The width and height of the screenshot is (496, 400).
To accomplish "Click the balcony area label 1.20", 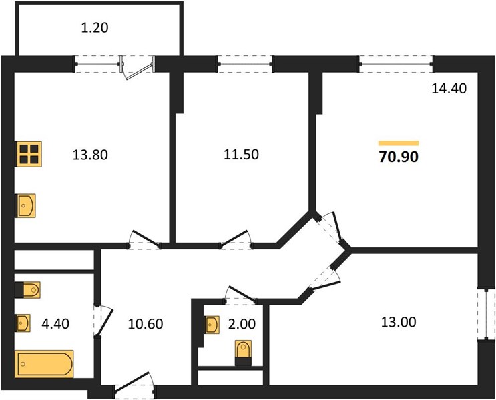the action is (95, 28).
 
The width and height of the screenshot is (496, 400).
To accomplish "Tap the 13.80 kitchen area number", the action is (90, 155).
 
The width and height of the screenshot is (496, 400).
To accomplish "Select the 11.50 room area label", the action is (241, 155).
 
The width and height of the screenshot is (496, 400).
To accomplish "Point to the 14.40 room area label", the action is (449, 89).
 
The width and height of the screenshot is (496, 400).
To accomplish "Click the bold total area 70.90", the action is (399, 157).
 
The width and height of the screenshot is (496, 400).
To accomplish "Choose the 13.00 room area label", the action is (399, 322).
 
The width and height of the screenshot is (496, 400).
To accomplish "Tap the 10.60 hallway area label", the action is (145, 324).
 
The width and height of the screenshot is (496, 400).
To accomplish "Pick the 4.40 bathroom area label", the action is (55, 324).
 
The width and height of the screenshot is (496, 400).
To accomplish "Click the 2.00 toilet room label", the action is (242, 324).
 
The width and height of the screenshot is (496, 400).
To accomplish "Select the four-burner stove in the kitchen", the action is (29, 154).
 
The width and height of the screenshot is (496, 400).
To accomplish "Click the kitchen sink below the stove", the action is (25, 206).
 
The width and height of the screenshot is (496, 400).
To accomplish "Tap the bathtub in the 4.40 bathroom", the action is (44, 364).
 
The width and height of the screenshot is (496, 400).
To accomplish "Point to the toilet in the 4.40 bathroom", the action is (27, 290).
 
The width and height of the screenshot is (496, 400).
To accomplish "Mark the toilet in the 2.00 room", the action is (243, 353).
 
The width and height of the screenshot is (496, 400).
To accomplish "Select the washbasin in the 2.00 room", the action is (212, 325).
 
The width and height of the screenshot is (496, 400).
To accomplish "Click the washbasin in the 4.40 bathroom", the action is (23, 323).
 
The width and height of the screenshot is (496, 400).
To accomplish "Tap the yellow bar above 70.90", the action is (399, 143).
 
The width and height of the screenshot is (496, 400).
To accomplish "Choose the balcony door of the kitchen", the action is (138, 67).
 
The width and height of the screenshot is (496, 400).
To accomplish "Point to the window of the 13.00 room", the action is (486, 315).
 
